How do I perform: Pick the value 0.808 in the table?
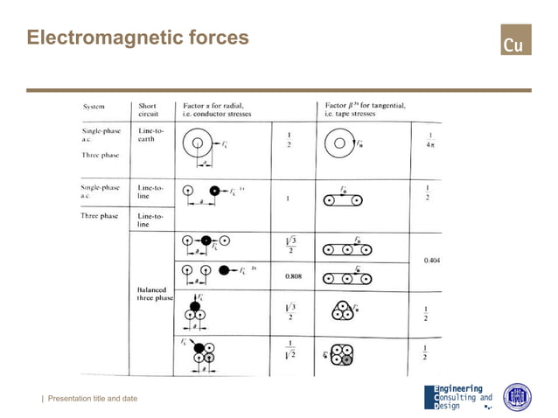tap(293, 276)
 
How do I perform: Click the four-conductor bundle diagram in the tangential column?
tap(342, 352)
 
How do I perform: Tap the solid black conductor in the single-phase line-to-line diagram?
tap(215, 190)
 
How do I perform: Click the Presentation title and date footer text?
tap(92, 399)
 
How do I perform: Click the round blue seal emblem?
tap(517, 396)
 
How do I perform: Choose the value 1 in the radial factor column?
tap(288, 199)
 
